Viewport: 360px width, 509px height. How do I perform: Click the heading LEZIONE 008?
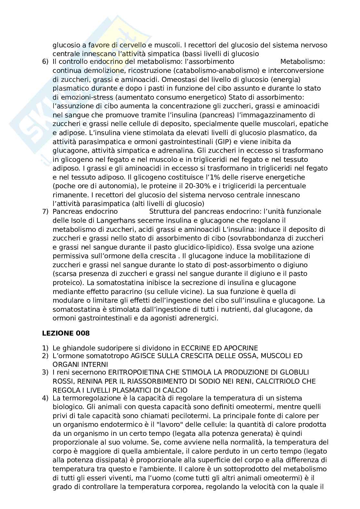pos(66,334)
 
